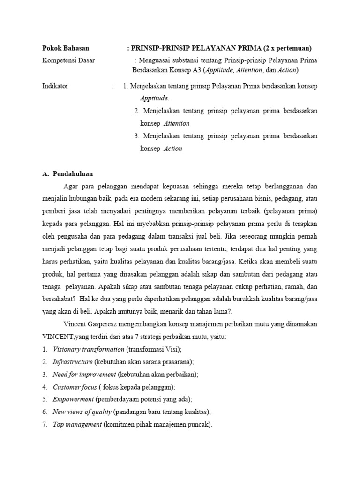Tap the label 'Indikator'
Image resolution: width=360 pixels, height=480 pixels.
pyautogui.click(x=55, y=86)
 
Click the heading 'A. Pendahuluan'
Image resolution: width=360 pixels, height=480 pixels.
pyautogui.click(x=67, y=174)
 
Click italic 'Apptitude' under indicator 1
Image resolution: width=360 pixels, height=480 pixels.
pyautogui.click(x=154, y=98)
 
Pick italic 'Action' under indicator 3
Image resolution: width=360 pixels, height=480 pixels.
pyautogui.click(x=172, y=149)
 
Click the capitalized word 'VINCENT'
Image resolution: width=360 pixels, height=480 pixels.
pyautogui.click(x=57, y=337)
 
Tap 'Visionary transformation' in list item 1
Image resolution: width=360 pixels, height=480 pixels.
pyautogui.click(x=88, y=349)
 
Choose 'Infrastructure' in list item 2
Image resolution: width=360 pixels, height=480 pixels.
pyautogui.click(x=73, y=362)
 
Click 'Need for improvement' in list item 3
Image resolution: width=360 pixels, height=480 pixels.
pyautogui.click(x=84, y=375)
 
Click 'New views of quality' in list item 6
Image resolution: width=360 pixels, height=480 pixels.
pyautogui.click(x=82, y=412)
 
